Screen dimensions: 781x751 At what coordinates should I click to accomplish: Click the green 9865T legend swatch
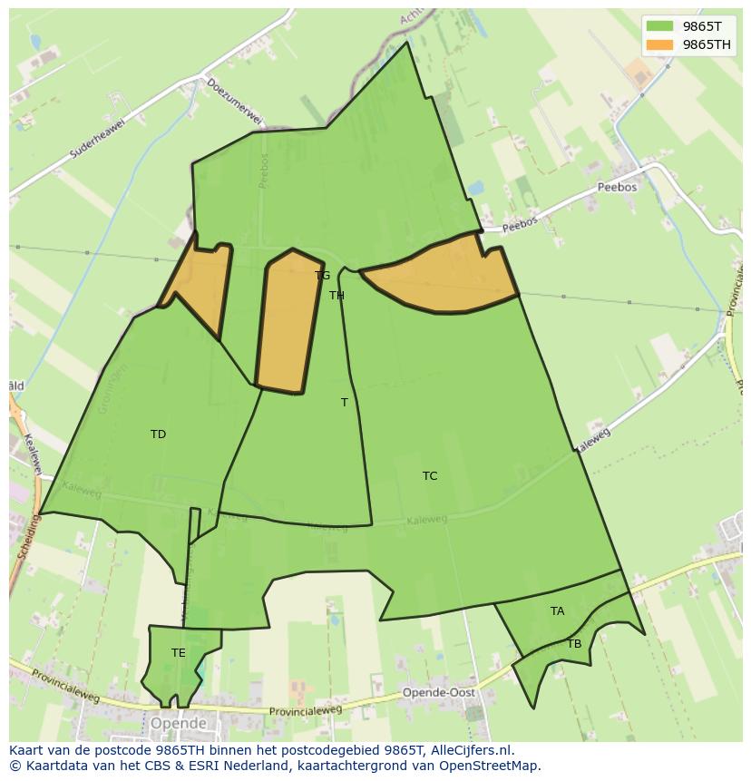659,26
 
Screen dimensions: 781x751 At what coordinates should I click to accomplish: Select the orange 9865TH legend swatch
659,44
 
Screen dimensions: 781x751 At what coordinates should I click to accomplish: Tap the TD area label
158,434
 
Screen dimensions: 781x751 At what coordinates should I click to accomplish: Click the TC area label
430,476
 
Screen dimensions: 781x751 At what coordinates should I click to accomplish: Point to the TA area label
557,611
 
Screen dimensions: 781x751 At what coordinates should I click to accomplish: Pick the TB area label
574,644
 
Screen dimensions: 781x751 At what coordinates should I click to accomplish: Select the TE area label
179,653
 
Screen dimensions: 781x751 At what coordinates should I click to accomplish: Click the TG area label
323,276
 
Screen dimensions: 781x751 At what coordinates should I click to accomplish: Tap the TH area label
336,296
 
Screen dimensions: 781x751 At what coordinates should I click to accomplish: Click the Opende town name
178,724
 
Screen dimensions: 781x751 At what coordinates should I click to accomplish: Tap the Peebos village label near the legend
617,188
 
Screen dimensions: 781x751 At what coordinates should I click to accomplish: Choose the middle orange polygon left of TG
289,322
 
